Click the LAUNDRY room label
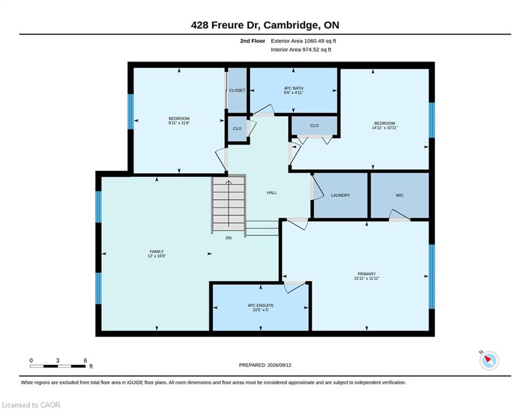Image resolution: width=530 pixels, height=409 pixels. click(340, 195)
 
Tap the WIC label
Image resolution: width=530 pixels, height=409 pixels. click(399, 195)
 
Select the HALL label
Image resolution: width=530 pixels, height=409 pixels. click(272, 193)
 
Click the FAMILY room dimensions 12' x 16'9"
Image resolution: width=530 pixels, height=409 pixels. click(157, 256)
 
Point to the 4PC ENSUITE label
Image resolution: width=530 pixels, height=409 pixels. click(260, 306)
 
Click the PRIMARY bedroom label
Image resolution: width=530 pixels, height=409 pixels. click(367, 274)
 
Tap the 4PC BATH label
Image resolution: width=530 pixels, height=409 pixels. click(293, 88)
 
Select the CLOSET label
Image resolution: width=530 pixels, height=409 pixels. click(237, 91)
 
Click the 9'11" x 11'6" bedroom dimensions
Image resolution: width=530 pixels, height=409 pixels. click(179, 123)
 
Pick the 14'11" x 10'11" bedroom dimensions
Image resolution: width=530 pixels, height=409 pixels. click(385, 128)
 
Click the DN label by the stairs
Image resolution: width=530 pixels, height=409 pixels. click(229, 238)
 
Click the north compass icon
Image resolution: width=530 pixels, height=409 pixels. click(489, 361)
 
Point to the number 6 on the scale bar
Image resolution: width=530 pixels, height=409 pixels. click(85, 361)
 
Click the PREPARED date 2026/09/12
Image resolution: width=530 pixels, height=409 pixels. click(279, 365)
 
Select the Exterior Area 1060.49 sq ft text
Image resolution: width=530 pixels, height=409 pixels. click(303, 41)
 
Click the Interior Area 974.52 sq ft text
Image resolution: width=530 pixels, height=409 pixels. click(301, 50)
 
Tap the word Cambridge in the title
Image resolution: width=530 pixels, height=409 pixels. click(291, 26)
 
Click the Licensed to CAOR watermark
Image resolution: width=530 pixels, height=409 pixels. click(31, 405)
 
